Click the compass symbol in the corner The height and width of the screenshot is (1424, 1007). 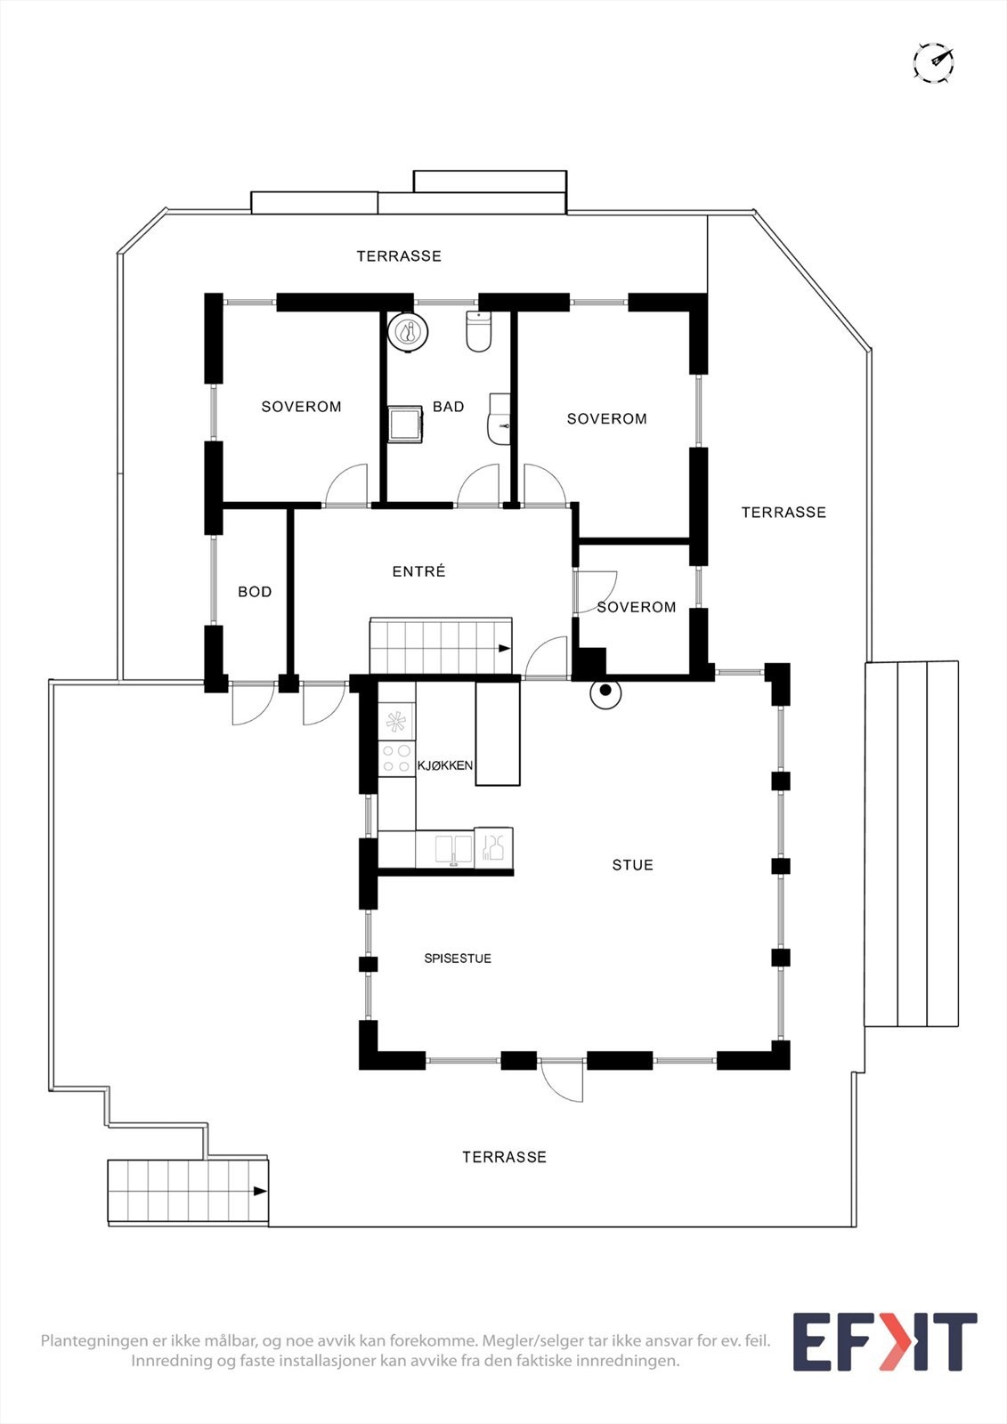933,63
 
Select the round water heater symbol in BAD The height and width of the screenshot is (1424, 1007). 409,333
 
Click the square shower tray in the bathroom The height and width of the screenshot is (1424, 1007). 405,424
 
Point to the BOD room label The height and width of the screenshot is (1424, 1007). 255,592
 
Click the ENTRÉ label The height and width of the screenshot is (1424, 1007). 418,571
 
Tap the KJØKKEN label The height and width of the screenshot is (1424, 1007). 444,765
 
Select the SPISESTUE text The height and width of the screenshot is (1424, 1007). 458,959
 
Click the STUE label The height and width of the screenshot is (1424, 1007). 632,865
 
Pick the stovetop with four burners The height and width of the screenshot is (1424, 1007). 396,759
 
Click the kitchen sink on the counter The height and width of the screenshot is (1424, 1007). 453,849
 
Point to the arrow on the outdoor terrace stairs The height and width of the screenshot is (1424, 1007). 260,1191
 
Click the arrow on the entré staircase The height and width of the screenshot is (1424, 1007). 505,649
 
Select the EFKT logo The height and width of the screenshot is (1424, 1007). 884,1342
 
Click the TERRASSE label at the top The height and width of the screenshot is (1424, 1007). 399,256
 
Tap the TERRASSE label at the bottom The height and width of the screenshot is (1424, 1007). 504,1157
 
